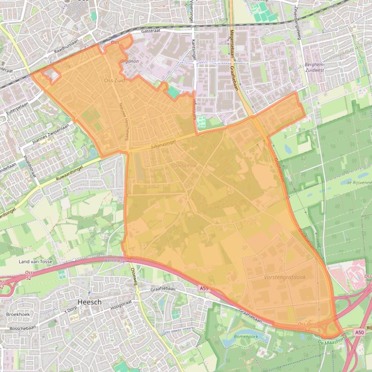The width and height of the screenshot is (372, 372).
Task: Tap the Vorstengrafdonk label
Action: [285, 277]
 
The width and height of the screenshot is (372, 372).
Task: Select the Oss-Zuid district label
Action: [114, 81]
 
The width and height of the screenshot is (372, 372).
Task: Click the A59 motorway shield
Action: [204, 288]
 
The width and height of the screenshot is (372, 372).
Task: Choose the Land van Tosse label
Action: [35, 261]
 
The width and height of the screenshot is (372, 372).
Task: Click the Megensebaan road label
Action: [232, 42]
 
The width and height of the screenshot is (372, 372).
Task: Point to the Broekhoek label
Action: [18, 314]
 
